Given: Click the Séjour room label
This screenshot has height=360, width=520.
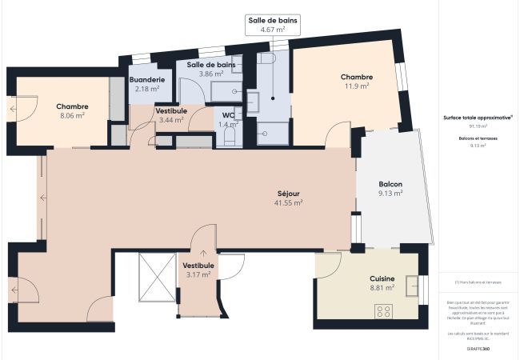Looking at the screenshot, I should [289, 194].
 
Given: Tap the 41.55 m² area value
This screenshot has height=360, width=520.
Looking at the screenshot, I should [289, 203].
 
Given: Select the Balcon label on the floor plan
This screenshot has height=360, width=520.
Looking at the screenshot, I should [390, 183].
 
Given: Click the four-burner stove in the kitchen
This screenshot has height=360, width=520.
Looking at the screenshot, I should [384, 311].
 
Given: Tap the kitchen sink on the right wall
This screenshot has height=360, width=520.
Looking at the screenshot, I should [414, 286].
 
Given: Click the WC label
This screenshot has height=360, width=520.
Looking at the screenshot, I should [229, 114].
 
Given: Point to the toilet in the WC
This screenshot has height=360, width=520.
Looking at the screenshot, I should [229, 138].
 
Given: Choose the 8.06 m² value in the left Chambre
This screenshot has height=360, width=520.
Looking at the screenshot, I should [72, 115].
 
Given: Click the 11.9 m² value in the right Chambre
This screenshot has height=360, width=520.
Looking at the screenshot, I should [357, 86].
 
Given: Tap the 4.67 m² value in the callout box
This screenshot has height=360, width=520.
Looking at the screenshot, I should [273, 29].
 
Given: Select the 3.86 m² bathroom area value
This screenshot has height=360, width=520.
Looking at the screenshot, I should [210, 73].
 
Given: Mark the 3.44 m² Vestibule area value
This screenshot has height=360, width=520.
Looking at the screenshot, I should [171, 119].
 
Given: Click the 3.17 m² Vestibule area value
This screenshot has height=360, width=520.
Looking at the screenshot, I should [198, 274].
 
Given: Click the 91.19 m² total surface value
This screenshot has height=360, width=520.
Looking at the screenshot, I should [478, 126].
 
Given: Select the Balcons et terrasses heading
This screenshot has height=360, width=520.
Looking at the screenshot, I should [478, 138].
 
